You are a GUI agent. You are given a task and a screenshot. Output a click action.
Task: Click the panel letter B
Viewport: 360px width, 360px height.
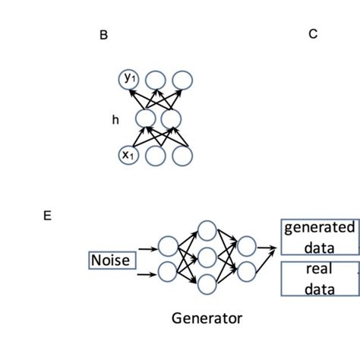103,36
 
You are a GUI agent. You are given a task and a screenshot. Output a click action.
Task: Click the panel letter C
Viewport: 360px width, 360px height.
313,34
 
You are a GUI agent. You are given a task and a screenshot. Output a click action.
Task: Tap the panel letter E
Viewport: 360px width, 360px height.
47,216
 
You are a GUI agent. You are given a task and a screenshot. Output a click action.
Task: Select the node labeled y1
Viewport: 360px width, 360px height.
129,78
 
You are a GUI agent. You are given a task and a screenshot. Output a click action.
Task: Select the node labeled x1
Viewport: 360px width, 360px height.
129,156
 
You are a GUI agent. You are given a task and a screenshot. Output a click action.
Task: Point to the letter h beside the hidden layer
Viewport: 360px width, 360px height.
115,119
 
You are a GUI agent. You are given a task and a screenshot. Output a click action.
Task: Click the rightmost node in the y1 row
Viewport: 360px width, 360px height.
182,79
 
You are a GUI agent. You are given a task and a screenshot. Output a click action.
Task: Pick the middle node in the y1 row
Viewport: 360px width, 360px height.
155,79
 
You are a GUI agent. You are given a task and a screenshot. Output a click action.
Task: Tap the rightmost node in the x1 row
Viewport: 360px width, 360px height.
182,156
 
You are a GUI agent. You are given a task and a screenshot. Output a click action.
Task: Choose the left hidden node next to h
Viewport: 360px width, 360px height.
145,118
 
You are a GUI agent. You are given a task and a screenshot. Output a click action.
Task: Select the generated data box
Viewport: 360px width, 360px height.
319,237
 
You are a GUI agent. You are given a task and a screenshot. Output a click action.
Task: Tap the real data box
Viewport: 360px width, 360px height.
319,279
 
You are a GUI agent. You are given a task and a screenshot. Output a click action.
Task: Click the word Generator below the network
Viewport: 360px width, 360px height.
207,317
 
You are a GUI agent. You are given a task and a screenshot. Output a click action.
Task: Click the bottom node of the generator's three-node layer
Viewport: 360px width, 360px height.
207,285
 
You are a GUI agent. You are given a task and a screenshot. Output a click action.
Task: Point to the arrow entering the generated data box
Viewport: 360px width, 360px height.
268,246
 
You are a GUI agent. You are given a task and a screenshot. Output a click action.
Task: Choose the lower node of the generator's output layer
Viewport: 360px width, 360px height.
247,270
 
